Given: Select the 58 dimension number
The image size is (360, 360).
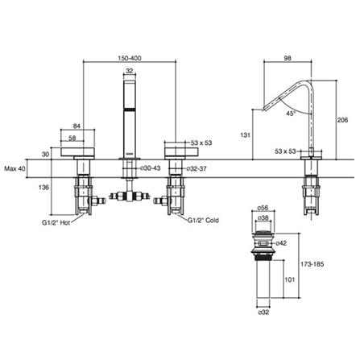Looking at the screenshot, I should pyautogui.click(x=74, y=139).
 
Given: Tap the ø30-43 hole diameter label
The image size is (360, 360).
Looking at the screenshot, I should pyautogui.click(x=151, y=168).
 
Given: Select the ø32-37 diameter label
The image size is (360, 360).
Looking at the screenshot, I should pyautogui.click(x=198, y=168).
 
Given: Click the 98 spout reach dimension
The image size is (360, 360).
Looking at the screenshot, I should pyautogui.click(x=288, y=59).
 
